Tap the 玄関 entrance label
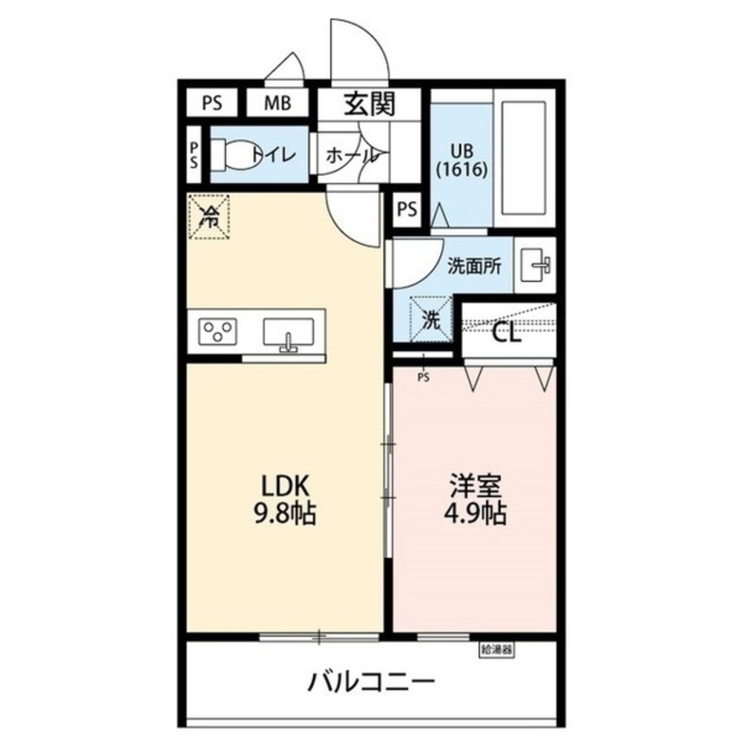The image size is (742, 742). tap(369, 105)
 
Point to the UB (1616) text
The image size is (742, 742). tap(462, 160)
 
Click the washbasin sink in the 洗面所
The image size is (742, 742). tap(533, 264)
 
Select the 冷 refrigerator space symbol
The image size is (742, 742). tap(209, 216)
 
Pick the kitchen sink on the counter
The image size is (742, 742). tap(289, 332)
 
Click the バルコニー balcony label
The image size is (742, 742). tap(371, 680)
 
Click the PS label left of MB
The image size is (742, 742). tap(211, 104)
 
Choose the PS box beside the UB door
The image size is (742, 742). tap(406, 209)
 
